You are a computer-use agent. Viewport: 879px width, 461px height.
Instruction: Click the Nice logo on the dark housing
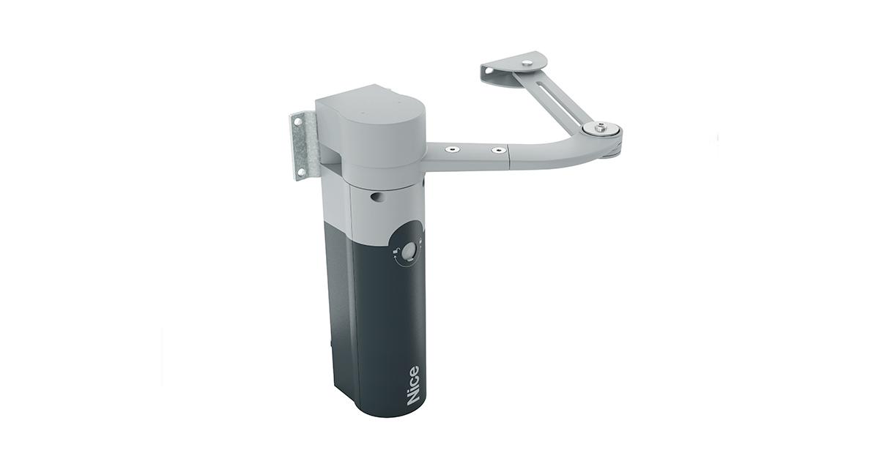[x=413, y=385]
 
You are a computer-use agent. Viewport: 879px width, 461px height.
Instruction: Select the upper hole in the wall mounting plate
[x=299, y=122]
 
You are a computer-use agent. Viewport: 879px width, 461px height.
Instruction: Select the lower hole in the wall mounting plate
[x=301, y=171]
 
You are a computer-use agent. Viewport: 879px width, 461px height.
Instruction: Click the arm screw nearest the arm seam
[x=498, y=150]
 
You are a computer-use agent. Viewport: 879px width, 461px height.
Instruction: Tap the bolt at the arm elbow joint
[x=600, y=127]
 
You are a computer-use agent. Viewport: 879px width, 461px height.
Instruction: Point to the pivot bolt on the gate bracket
[x=527, y=63]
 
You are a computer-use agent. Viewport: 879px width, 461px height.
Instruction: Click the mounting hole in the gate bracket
[x=489, y=71]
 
